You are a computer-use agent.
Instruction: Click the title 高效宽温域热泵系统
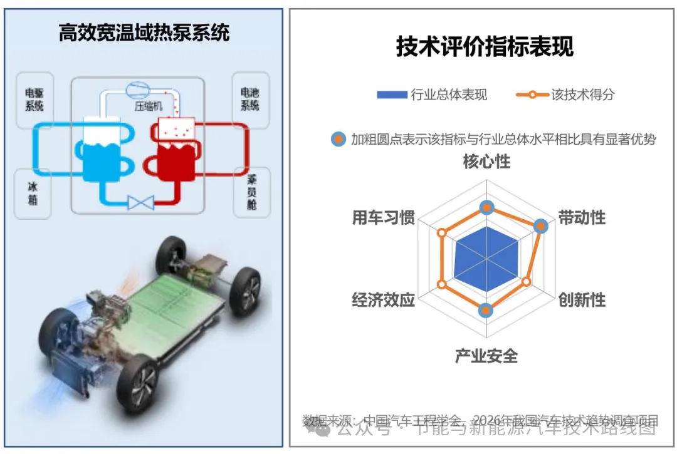pos(144,33)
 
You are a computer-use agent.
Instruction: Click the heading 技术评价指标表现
pos(484,47)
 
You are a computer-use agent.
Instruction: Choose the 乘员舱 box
pos(251,192)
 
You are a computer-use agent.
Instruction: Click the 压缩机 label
pos(148,106)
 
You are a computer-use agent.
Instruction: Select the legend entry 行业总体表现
pos(432,95)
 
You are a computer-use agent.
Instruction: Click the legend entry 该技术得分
pos(565,95)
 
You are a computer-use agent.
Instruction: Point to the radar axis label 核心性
pos(486,162)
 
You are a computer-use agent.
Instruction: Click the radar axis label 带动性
pos(582,217)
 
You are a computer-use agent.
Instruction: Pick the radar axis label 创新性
pos(582,300)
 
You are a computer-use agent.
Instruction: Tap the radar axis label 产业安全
pos(486,356)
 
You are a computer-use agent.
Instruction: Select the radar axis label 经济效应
pos(384,300)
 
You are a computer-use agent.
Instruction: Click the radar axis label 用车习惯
pos(384,217)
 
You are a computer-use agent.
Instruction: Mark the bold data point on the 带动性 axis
pos(539,226)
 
